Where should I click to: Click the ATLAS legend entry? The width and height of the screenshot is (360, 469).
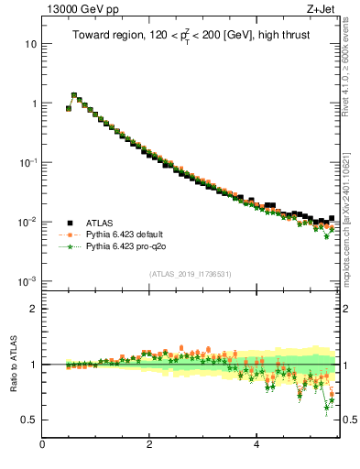click(x=101, y=222)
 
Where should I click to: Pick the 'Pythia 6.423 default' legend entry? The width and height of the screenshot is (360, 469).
click(x=128, y=234)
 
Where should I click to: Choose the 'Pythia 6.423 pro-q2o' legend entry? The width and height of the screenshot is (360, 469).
click(x=129, y=246)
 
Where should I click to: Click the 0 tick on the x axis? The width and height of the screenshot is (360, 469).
click(x=42, y=444)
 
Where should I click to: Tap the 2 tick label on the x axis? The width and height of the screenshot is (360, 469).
click(x=149, y=444)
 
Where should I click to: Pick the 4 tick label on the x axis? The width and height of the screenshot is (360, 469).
click(x=256, y=444)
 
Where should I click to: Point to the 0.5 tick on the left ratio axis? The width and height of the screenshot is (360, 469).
click(x=29, y=420)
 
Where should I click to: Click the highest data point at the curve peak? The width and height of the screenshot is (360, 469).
click(x=74, y=94)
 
